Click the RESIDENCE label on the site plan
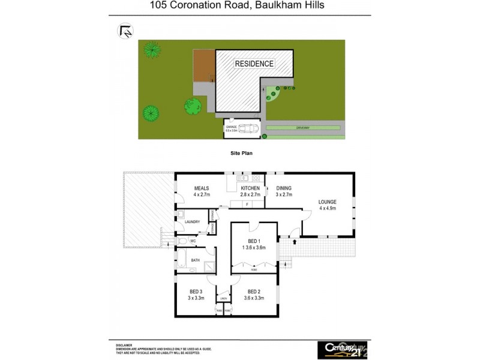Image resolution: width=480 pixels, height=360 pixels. point(254,64)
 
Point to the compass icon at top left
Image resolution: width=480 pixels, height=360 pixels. point(125,31)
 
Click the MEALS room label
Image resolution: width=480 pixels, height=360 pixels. point(201,188)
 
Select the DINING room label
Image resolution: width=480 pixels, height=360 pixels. point(284,188)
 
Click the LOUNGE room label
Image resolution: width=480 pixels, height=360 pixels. point(328,202)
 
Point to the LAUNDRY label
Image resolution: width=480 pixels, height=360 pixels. point(193,222)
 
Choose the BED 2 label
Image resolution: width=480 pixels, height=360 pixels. point(254,292)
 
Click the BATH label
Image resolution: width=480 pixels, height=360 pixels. point(196,260)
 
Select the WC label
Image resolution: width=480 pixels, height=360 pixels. point(193,241)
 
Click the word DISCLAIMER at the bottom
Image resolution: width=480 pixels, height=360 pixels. point(125,346)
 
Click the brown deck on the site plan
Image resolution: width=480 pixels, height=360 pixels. point(203,66)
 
